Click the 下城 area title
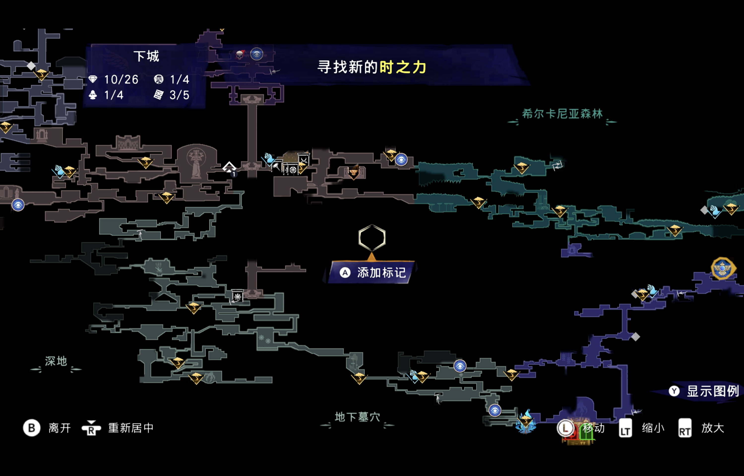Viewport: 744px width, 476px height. (146, 56)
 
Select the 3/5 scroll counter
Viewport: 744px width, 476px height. (179, 95)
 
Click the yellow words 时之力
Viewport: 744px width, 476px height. (403, 67)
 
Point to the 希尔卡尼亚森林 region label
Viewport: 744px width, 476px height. (562, 114)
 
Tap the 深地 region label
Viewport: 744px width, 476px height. (56, 361)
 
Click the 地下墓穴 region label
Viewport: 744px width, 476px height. (357, 417)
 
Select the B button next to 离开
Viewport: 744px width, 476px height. (31, 428)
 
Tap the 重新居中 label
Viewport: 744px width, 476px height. (131, 428)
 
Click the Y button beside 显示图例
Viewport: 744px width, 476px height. (674, 391)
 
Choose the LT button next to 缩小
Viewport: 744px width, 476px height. (625, 428)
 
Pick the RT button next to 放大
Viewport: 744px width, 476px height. (685, 428)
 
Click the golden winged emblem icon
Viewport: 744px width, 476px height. (722, 268)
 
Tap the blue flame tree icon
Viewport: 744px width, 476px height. (526, 422)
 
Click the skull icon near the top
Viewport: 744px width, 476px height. (240, 55)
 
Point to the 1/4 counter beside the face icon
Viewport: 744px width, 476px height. (179, 79)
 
